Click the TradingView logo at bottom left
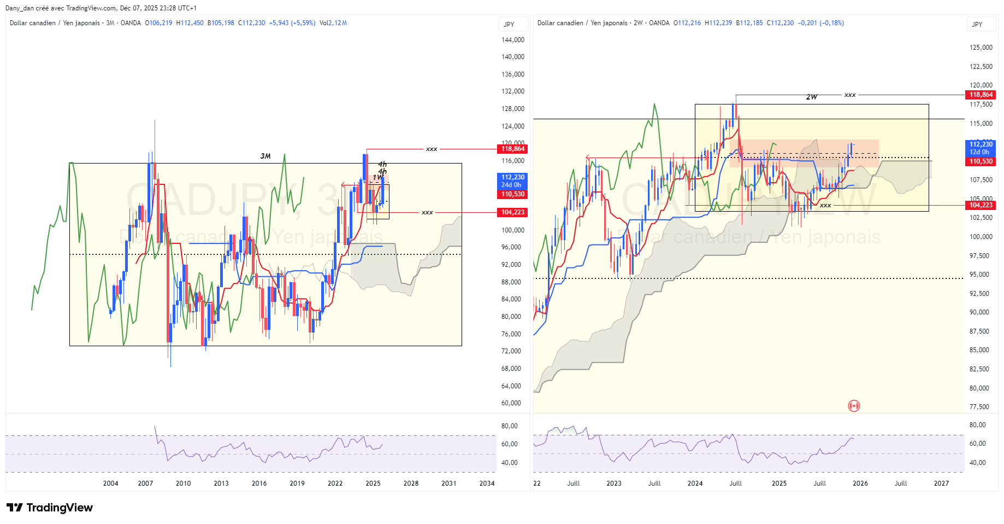point(50,508)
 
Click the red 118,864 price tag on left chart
point(512,149)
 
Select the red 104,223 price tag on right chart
point(981,205)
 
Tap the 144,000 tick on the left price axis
point(512,40)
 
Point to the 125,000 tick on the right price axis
point(981,48)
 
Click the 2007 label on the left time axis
point(145,483)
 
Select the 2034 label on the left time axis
point(486,483)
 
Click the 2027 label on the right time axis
point(941,483)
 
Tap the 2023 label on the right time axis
point(613,483)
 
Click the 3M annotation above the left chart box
point(265,156)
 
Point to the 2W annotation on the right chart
point(812,97)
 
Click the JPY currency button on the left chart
point(509,24)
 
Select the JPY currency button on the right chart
point(977,24)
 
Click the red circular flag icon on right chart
point(854,405)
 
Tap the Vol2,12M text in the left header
point(333,23)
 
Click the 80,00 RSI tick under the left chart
point(509,426)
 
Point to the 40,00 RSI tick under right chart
point(977,463)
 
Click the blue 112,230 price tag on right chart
point(981,144)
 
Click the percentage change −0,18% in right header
point(832,23)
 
